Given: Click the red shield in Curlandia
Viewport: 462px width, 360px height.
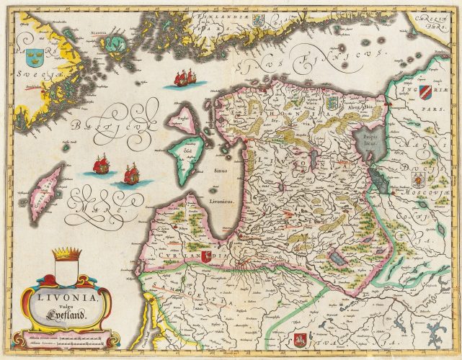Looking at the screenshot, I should (x=206, y=256).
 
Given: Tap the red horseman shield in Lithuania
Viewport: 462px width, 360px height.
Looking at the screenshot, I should (x=301, y=339).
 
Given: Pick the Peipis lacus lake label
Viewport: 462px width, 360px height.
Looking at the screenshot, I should (x=370, y=139).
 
